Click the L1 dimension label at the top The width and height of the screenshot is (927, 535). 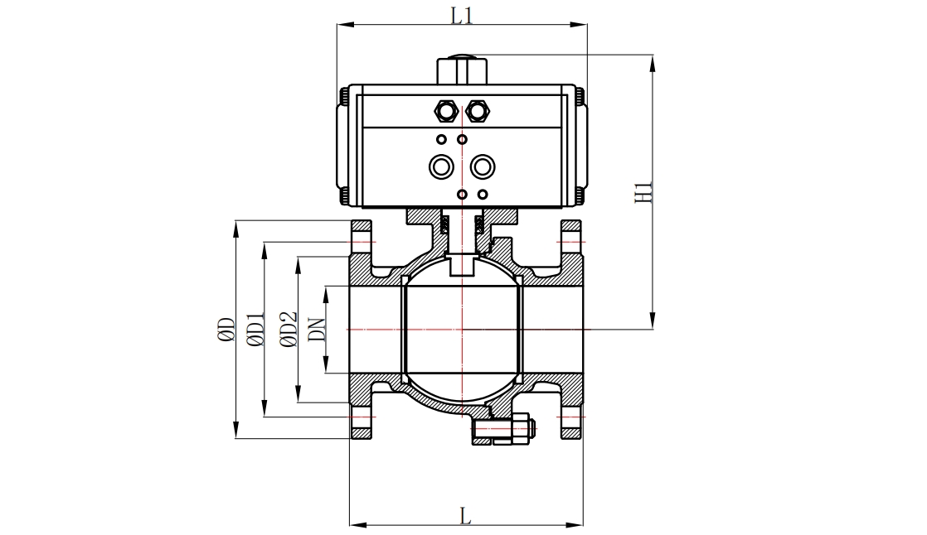(462, 15)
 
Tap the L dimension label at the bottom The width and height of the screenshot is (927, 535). (465, 515)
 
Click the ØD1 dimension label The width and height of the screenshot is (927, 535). (255, 330)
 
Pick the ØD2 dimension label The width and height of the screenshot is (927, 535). (288, 330)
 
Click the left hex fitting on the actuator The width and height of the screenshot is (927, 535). (447, 109)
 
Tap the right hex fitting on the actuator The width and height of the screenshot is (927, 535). (476, 109)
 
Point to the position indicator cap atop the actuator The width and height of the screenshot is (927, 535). (461, 68)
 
